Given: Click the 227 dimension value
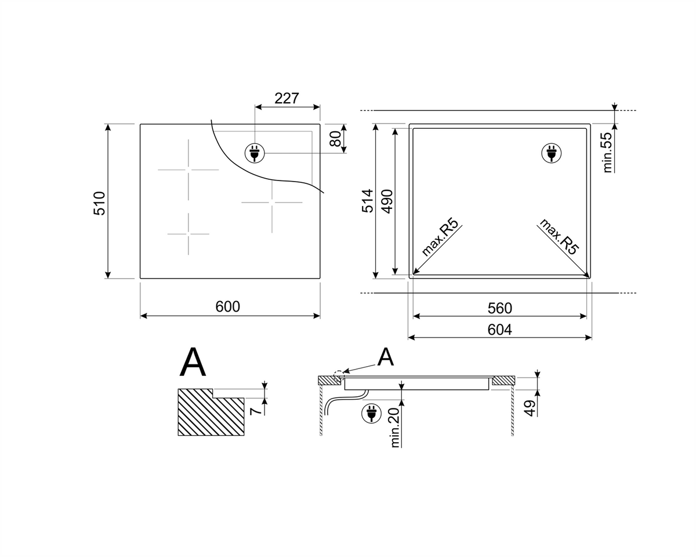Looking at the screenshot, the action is coord(287,99).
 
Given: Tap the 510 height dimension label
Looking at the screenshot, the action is coord(100,203).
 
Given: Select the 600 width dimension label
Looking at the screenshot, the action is coord(228,307).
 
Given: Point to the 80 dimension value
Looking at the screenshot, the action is coord(335,139).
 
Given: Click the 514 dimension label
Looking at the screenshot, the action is coord(367,201).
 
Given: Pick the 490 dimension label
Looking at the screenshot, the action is coord(387,202).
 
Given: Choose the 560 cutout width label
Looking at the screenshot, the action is coord(500,309).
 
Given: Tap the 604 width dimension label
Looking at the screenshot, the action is coord(500,330).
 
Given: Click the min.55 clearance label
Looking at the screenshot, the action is coord(607,152).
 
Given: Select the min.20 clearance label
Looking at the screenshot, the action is coord(395,428).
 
